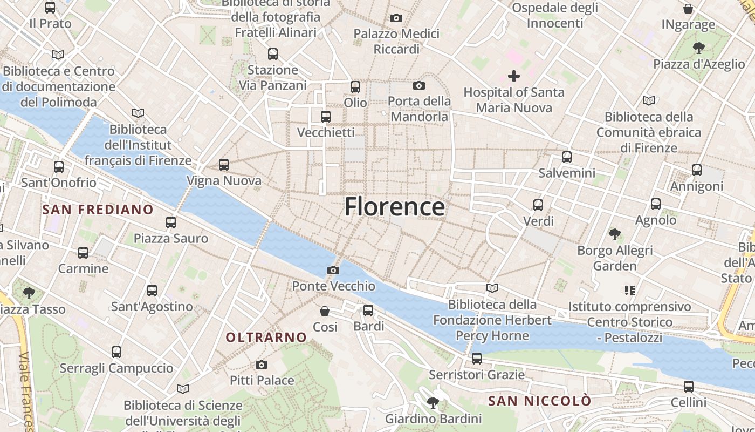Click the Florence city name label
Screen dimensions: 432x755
395,207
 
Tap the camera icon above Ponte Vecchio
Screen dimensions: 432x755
333,270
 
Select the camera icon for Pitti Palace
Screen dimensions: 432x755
262,365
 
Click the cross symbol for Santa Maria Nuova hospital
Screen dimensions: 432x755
514,76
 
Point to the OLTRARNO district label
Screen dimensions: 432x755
266,337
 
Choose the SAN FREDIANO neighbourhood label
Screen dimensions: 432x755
98,210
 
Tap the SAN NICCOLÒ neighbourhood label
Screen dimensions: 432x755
539,401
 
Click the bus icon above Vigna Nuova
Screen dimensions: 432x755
224,165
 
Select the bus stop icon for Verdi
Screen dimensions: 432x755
538,205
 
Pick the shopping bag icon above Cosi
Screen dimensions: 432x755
325,311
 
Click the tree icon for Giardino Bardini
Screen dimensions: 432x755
433,403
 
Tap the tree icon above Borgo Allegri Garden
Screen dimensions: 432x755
614,234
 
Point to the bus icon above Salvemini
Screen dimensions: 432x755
567,157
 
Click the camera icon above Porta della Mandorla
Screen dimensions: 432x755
419,85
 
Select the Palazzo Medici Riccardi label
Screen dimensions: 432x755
396,42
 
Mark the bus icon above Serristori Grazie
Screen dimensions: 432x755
476,359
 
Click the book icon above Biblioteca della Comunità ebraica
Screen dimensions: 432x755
649,100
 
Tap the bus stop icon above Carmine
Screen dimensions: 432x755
83,253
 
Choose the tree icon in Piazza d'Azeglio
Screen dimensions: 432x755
699,48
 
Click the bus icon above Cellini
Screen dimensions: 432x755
689,387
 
